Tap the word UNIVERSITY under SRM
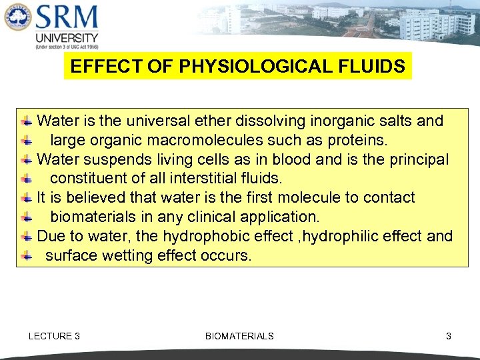(x=67, y=38)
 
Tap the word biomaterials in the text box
(x=93, y=217)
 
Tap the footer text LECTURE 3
(x=54, y=336)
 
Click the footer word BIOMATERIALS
(x=239, y=336)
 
